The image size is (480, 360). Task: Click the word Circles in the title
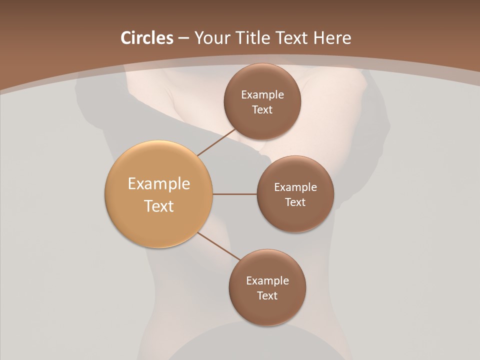coord(146,38)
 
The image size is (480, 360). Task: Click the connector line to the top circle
coord(216,142)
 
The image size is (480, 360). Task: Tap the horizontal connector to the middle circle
coord(234,194)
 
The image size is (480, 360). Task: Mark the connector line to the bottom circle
coord(219,246)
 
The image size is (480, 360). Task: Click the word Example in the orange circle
coord(159,184)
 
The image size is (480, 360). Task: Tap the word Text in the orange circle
coord(159,206)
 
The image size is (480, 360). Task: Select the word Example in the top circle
coord(262,95)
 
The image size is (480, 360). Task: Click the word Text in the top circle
coord(262,110)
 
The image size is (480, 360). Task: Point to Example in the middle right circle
coord(295,187)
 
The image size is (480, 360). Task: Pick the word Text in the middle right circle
coord(295,202)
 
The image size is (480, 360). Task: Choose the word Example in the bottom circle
coord(267,281)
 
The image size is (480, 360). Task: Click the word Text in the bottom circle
coord(267,296)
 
